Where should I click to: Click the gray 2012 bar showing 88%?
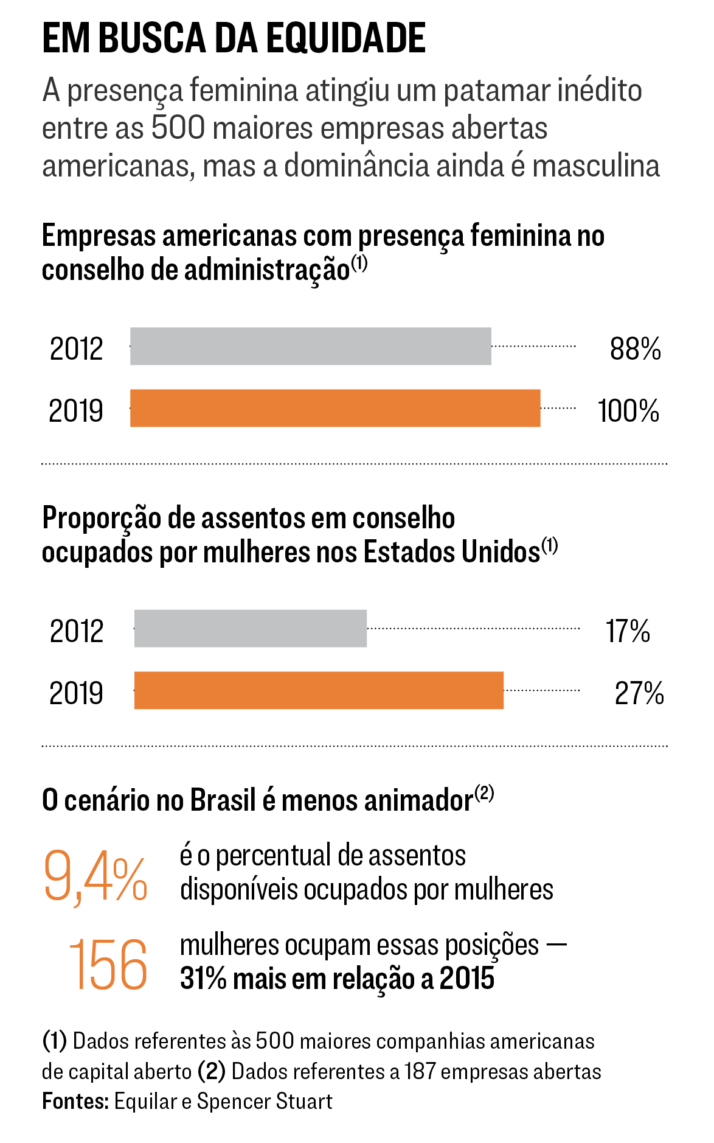tap(310, 346)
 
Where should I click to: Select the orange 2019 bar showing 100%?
tap(334, 408)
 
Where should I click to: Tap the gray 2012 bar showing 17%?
tap(250, 629)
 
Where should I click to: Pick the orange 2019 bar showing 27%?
tap(319, 691)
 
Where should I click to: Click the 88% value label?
tap(635, 349)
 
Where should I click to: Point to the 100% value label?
tap(628, 411)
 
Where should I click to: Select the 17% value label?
tap(628, 631)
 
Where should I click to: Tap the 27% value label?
tap(639, 693)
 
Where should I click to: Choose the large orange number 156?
tap(108, 965)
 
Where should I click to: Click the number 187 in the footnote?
tap(420, 1072)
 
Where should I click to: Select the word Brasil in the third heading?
tap(223, 800)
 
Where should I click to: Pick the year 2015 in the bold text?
tap(467, 979)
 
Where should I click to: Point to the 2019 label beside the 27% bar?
tap(76, 693)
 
